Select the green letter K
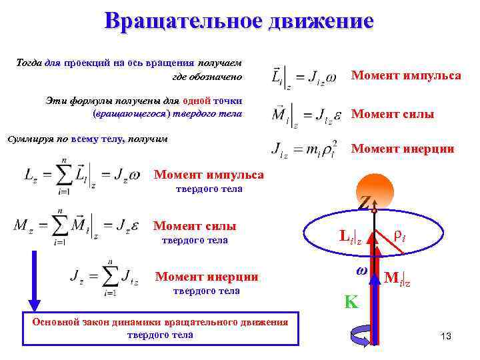click(351, 302)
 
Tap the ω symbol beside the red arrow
click(362, 271)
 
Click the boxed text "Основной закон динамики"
click(160, 328)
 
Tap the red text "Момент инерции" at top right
click(403, 149)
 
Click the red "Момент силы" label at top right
click(393, 115)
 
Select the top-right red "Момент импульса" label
click(406, 75)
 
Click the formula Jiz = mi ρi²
click(304, 149)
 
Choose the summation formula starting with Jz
click(103, 277)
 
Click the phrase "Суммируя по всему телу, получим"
click(87, 139)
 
